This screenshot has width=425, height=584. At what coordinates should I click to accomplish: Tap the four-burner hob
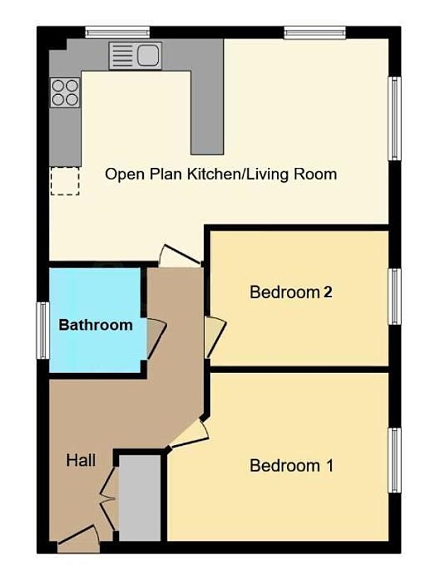(x=64, y=92)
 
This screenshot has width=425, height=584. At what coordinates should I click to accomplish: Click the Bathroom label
(x=95, y=326)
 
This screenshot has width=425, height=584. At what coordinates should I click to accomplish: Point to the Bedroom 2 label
(x=291, y=292)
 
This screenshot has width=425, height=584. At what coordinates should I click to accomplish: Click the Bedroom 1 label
(x=291, y=466)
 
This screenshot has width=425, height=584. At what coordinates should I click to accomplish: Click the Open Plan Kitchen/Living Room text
(x=220, y=173)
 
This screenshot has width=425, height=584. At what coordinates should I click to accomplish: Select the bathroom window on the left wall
(x=43, y=330)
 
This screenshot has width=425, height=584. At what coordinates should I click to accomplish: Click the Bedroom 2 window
(x=395, y=297)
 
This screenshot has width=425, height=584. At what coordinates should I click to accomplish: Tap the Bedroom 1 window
(x=395, y=459)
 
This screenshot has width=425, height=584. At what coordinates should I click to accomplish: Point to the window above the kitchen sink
(x=117, y=32)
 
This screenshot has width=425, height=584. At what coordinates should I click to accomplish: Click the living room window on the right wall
(x=395, y=118)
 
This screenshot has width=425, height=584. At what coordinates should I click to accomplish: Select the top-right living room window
(x=314, y=32)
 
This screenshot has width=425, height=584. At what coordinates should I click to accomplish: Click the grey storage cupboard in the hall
(x=140, y=499)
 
